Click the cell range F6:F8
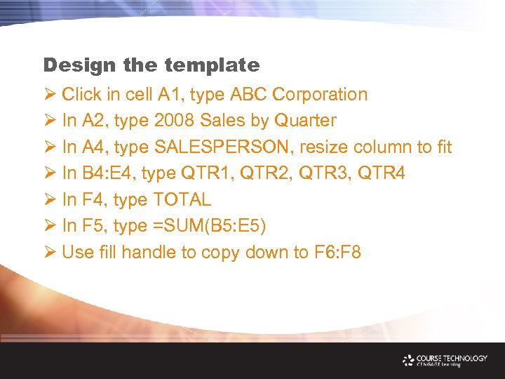(337, 253)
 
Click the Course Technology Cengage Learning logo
(445, 360)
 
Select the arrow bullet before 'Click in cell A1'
(49, 94)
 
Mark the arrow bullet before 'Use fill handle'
(49, 253)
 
